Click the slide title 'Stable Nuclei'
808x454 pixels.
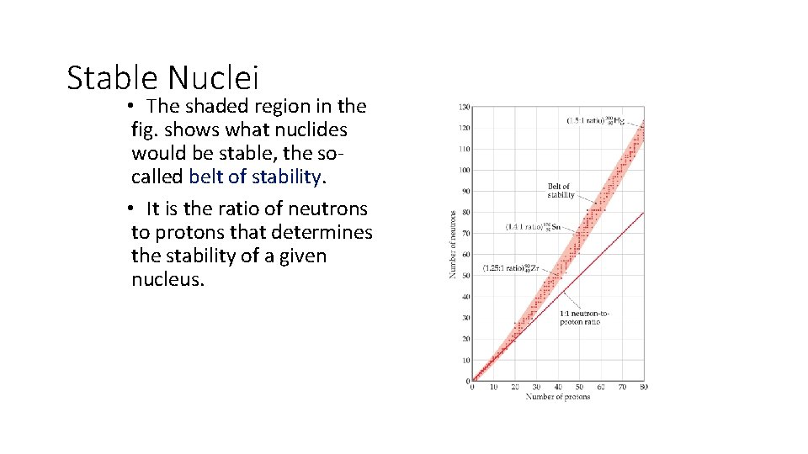coord(162,77)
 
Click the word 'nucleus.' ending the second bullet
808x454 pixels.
coord(167,279)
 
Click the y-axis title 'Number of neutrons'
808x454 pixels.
coord(453,245)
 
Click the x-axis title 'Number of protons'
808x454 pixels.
coord(558,397)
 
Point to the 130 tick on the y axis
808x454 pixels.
coord(464,107)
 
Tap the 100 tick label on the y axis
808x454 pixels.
coord(464,170)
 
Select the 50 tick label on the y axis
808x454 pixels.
coord(465,276)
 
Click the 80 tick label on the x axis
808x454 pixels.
coord(644,388)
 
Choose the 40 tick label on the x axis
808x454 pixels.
coord(558,388)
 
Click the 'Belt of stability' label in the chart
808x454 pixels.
coord(560,191)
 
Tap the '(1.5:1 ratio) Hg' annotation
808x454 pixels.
coord(595,121)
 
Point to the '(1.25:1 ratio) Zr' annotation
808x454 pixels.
coord(511,269)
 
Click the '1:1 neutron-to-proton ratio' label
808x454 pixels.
coord(585,318)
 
